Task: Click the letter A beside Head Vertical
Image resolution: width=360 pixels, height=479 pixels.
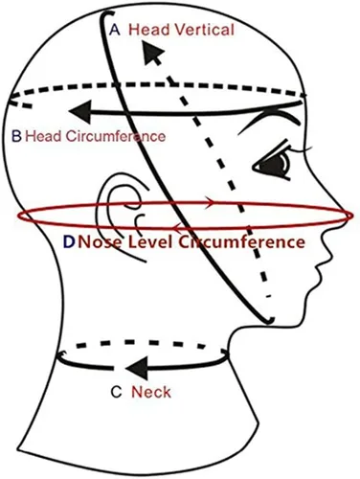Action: coord(115,30)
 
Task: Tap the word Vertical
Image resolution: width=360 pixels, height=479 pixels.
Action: coord(205,30)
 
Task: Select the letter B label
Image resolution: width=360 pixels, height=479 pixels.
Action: coord(16,136)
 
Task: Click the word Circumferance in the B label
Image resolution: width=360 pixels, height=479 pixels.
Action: coord(116,136)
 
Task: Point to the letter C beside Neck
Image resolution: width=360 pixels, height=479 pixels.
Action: coord(116,392)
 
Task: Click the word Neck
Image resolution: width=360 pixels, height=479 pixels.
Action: coord(151,392)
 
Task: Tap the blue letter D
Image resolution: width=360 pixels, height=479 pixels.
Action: coord(69,241)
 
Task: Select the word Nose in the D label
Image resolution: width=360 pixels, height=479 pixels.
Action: coord(101,241)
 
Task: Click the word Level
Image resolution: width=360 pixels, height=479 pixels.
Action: coord(150,241)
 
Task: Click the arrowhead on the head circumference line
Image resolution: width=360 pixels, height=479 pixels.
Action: coord(79,112)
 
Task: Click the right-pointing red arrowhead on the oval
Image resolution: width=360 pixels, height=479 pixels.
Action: coord(210,202)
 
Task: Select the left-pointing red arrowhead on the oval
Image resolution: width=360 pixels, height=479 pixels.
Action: coord(177,227)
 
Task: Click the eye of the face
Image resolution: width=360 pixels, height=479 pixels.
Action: coord(274,164)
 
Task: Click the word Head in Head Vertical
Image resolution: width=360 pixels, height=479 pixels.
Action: coord(149,30)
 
